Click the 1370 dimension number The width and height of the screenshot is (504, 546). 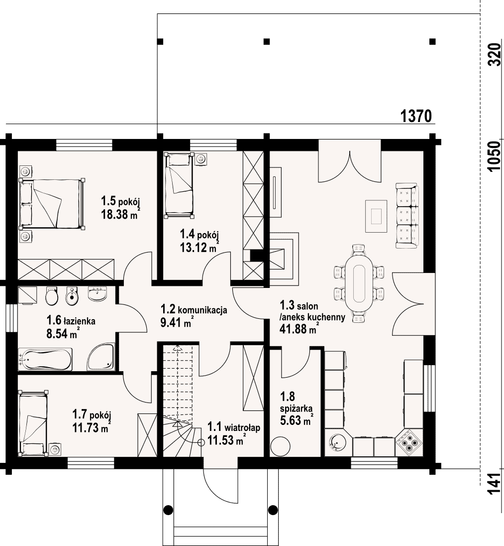point(416,116)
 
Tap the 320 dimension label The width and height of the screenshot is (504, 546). point(494,54)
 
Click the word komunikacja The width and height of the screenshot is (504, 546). point(202,310)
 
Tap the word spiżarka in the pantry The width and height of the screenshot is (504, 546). point(297,408)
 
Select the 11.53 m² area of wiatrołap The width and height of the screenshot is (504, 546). point(225,440)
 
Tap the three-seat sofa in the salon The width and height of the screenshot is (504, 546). point(407,216)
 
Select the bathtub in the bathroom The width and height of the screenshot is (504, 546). point(45,359)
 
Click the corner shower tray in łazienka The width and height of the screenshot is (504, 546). point(101,357)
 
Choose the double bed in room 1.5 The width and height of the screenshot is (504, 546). point(52,204)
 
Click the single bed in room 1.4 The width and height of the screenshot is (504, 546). point(179,185)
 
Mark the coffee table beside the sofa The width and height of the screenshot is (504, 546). point(376,216)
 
